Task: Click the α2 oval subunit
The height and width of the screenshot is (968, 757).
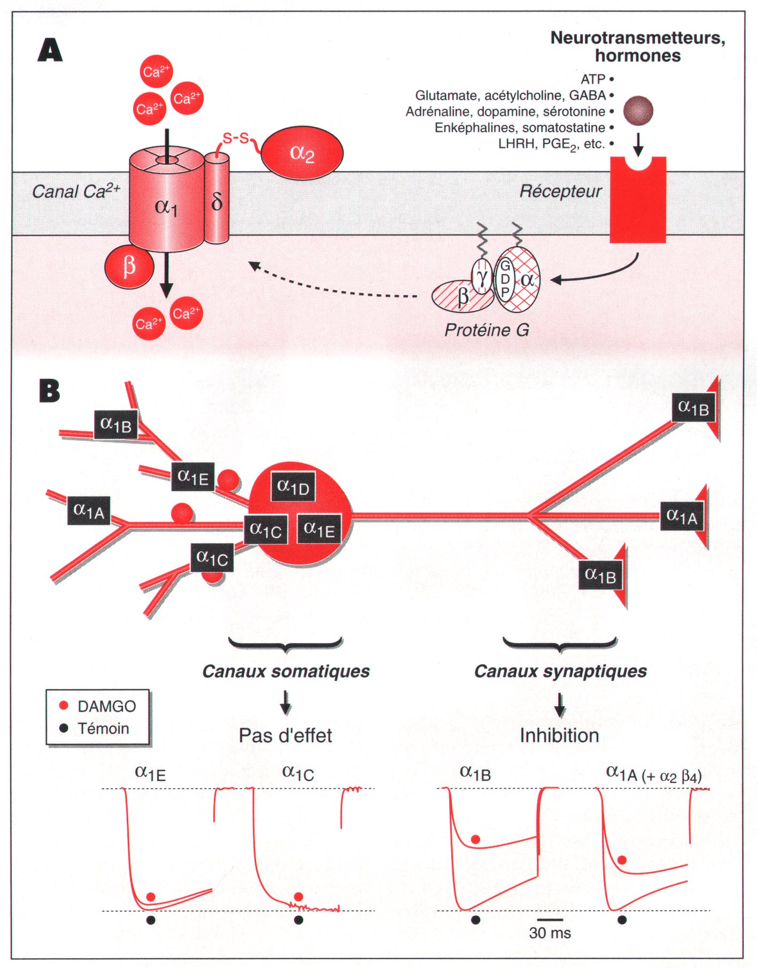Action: point(302,154)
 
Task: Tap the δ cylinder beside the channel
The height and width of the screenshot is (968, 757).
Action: point(217,201)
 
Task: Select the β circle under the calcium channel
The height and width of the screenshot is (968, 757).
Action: point(129,266)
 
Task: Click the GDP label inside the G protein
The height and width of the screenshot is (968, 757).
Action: point(505,279)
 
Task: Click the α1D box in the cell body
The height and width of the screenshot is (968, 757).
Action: point(293,487)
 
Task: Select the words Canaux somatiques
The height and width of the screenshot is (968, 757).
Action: point(286,671)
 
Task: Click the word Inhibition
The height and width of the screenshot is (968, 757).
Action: point(559,735)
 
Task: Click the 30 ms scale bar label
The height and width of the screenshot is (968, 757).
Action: point(550,933)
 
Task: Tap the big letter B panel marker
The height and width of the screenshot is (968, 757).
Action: point(50,391)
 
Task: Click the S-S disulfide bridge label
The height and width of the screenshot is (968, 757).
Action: point(236,139)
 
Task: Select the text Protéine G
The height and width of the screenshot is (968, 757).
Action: point(486,330)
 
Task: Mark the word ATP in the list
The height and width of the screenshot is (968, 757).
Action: point(593,79)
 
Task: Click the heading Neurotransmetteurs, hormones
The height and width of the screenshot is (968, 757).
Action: point(638,47)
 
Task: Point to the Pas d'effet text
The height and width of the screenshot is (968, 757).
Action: point(285,735)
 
